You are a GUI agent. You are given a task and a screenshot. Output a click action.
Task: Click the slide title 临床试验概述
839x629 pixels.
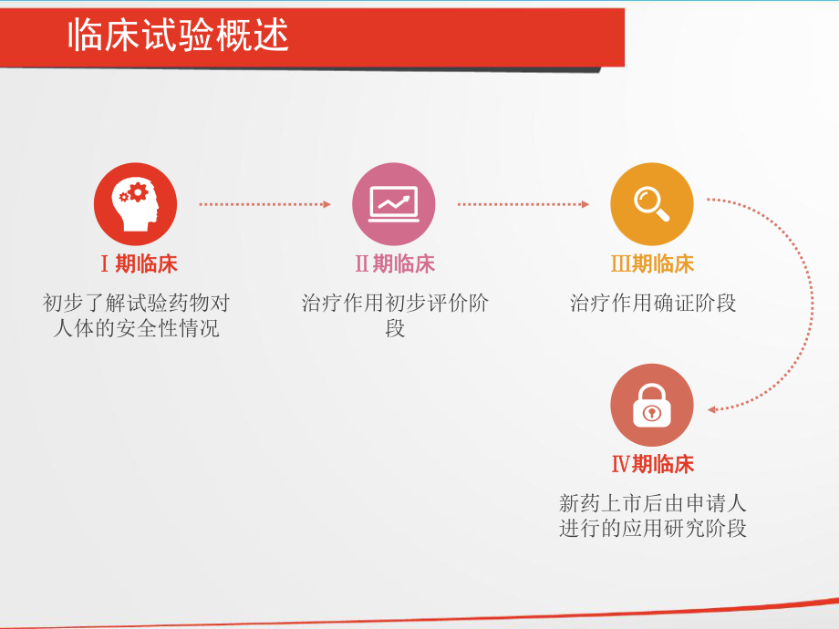(x=179, y=36)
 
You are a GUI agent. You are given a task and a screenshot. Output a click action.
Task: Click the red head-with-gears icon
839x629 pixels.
(x=135, y=204)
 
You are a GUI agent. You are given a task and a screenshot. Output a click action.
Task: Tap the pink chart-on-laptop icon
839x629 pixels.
(x=394, y=204)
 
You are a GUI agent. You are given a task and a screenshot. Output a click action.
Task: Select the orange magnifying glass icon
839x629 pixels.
(x=652, y=204)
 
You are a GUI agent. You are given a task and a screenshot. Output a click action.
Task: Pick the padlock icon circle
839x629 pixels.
(x=652, y=406)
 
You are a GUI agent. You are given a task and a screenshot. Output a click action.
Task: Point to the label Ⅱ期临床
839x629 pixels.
(x=395, y=264)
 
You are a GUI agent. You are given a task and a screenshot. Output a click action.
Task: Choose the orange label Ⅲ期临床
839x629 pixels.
(x=652, y=264)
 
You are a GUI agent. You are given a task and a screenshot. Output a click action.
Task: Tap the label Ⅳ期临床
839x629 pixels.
(x=652, y=465)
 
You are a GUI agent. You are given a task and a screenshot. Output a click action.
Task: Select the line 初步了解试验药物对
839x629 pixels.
(x=136, y=303)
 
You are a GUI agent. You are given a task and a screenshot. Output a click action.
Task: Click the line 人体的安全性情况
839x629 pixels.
(x=136, y=328)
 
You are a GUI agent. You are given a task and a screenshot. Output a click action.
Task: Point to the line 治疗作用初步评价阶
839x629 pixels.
(x=395, y=303)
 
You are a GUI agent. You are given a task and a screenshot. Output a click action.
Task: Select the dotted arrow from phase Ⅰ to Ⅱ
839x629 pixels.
(x=264, y=204)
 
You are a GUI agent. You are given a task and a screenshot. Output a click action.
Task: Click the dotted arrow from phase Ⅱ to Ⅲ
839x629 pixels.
(x=523, y=204)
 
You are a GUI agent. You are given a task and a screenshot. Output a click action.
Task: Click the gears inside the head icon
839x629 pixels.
(x=133, y=193)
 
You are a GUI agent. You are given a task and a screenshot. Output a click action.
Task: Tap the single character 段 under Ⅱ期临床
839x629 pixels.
(x=395, y=328)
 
